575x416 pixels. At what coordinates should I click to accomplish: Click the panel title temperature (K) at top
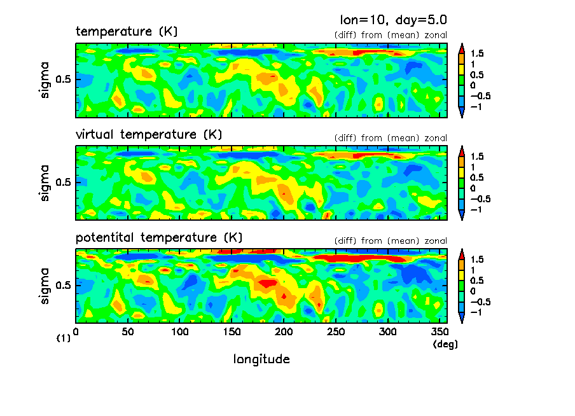tap(127, 31)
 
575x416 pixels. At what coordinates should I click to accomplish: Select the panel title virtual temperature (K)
tap(149, 134)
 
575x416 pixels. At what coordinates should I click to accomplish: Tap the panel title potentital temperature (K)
tap(159, 238)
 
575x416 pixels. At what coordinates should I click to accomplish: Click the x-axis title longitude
tap(261, 359)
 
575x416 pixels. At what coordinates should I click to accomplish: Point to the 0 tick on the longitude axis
tap(76, 331)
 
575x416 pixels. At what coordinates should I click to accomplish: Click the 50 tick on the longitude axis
tap(128, 331)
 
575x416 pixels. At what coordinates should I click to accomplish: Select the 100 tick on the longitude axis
tap(180, 331)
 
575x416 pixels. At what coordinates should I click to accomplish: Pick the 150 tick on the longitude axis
tap(232, 331)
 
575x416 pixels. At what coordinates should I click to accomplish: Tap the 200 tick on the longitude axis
tap(284, 331)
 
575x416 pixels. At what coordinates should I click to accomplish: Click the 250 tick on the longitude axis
tap(336, 331)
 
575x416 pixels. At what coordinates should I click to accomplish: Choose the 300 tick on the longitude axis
tap(388, 331)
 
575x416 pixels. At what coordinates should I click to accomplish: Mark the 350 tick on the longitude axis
tap(440, 331)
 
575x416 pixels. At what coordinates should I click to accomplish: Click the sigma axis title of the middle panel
tap(45, 183)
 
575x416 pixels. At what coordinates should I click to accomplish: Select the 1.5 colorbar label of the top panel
tap(477, 53)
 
